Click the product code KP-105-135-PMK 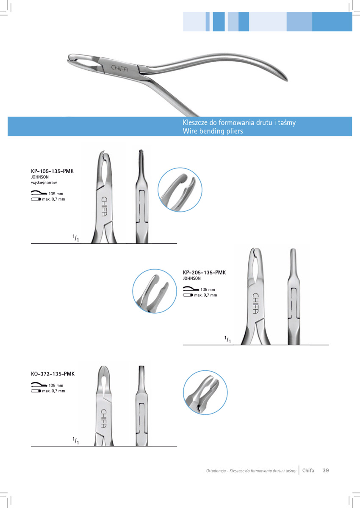point(52,171)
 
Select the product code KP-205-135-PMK point(205,273)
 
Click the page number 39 point(326,470)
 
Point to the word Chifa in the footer point(308,470)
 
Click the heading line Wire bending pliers point(213,131)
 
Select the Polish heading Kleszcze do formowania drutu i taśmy point(239,123)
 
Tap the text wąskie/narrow point(44,182)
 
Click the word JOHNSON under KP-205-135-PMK point(192,278)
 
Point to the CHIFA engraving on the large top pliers point(119,69)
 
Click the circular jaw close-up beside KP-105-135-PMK point(180,190)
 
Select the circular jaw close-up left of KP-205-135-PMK point(155,291)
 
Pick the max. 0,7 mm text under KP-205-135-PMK point(205,295)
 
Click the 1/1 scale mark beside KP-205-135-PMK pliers point(228,339)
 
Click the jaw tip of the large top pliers point(69,60)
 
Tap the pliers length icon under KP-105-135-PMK point(39,193)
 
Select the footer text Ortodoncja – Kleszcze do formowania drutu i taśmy point(251,471)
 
